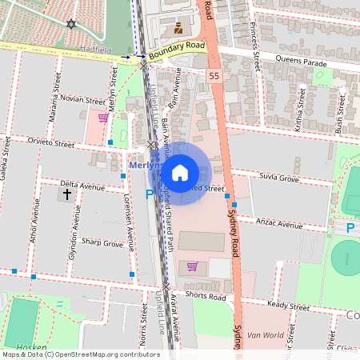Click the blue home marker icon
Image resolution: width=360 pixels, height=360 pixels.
pos(180,173)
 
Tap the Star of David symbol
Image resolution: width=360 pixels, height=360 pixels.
pos(72,25)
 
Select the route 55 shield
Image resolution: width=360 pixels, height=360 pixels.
pos(214,75)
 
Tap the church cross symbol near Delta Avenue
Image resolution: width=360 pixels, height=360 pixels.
pos(66,194)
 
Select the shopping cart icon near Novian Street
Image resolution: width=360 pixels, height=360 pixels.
pos(102,118)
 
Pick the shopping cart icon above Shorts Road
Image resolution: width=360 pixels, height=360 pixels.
pos(191,266)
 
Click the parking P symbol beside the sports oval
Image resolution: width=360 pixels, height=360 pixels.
pos(350,228)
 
